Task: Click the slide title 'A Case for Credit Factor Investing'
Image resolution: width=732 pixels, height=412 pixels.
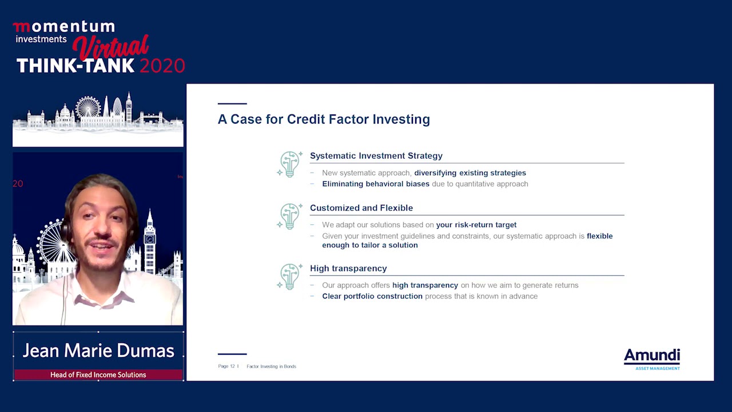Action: [x=324, y=119]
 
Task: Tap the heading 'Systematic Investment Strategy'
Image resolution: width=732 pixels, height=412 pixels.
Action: [x=376, y=156]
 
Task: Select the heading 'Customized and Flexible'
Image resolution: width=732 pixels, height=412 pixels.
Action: [x=361, y=208]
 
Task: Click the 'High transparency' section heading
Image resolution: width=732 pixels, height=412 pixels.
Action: [x=348, y=268]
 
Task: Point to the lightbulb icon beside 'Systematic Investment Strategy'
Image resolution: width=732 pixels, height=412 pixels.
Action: [x=290, y=164]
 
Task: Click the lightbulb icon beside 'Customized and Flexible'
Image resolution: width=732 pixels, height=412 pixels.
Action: [x=290, y=216]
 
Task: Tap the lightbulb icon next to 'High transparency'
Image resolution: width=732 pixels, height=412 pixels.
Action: [x=290, y=276]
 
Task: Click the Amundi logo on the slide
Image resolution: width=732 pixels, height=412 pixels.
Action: [x=651, y=359]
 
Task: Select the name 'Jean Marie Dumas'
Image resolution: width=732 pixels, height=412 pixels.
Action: [x=98, y=351]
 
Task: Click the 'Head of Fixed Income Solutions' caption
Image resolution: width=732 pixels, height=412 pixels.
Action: [x=98, y=375]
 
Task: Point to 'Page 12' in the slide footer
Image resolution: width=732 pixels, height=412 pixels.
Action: [x=226, y=366]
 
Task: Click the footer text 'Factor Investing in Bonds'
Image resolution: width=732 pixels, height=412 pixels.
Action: [x=271, y=366]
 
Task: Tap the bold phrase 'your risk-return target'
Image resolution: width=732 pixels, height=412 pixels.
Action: [x=476, y=225]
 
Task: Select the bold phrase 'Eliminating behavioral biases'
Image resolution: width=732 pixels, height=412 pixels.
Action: [x=375, y=184]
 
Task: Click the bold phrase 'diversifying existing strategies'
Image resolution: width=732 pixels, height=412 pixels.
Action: [x=470, y=173]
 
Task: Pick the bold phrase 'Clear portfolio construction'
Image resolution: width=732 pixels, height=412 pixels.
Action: [x=372, y=296]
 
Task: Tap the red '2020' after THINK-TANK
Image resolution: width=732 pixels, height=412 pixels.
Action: [x=162, y=66]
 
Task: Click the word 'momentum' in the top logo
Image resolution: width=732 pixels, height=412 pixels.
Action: [x=64, y=27]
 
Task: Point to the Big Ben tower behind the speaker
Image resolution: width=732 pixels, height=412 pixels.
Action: [x=150, y=240]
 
